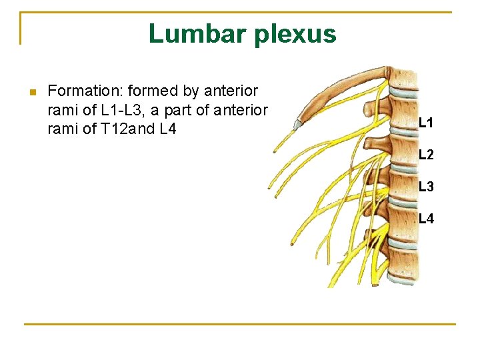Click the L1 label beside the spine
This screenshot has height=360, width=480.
(x=426, y=123)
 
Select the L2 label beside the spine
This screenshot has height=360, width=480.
(x=426, y=155)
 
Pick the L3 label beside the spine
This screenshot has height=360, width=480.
(x=426, y=187)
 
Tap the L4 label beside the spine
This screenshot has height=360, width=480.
(x=426, y=218)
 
